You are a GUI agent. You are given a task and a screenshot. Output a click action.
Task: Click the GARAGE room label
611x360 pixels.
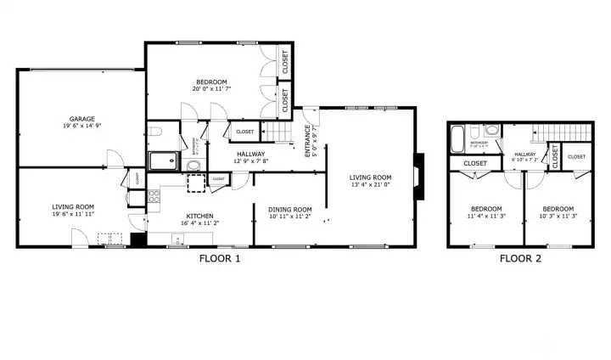82,118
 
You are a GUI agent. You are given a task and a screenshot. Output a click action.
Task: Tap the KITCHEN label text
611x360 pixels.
199,216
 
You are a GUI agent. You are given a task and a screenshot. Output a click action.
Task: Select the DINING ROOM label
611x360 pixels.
290,209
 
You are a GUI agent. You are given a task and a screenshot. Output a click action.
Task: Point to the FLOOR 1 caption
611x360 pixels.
220,259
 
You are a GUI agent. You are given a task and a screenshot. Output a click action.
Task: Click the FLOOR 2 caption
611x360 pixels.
520,259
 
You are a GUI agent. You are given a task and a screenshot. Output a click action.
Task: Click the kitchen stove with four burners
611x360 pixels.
155,197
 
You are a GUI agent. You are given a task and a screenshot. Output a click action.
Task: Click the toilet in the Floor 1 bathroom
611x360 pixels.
154,132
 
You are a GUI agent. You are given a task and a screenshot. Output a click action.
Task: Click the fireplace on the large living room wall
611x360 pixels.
418,177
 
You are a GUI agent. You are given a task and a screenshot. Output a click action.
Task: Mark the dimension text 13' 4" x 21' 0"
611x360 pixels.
370,185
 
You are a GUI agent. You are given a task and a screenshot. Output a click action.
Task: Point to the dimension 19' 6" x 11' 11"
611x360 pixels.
72,215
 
